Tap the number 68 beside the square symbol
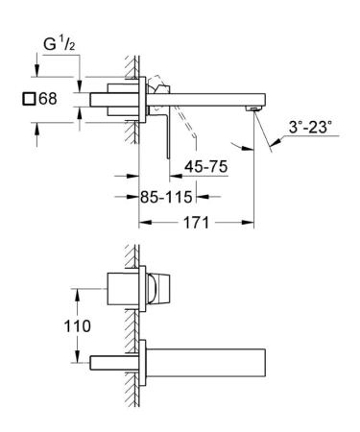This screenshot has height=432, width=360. [x=48, y=99]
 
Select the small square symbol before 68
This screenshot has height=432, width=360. [x=29, y=99]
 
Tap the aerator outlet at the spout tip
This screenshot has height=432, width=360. [x=254, y=108]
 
